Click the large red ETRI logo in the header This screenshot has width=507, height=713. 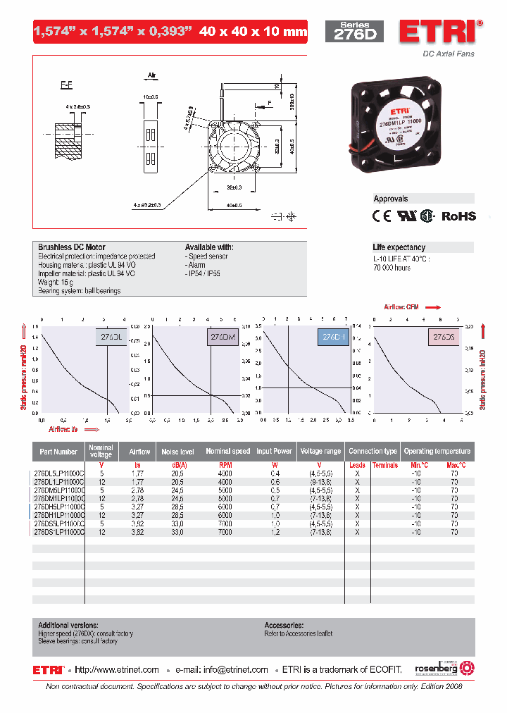441,32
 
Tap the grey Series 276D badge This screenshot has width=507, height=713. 354,32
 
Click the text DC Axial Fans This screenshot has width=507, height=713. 449,54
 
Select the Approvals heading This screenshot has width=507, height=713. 391,199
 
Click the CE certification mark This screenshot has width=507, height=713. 381,216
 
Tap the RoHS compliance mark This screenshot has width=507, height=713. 458,216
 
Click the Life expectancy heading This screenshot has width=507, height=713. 399,247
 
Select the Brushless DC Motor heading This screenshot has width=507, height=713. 72,247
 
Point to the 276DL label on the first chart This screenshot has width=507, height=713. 111,337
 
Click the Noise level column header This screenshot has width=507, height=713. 178,452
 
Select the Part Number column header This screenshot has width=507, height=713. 58,452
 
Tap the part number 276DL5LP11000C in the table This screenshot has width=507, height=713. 59,474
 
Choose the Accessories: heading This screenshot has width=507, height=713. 284,625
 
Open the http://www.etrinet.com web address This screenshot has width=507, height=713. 117,669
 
